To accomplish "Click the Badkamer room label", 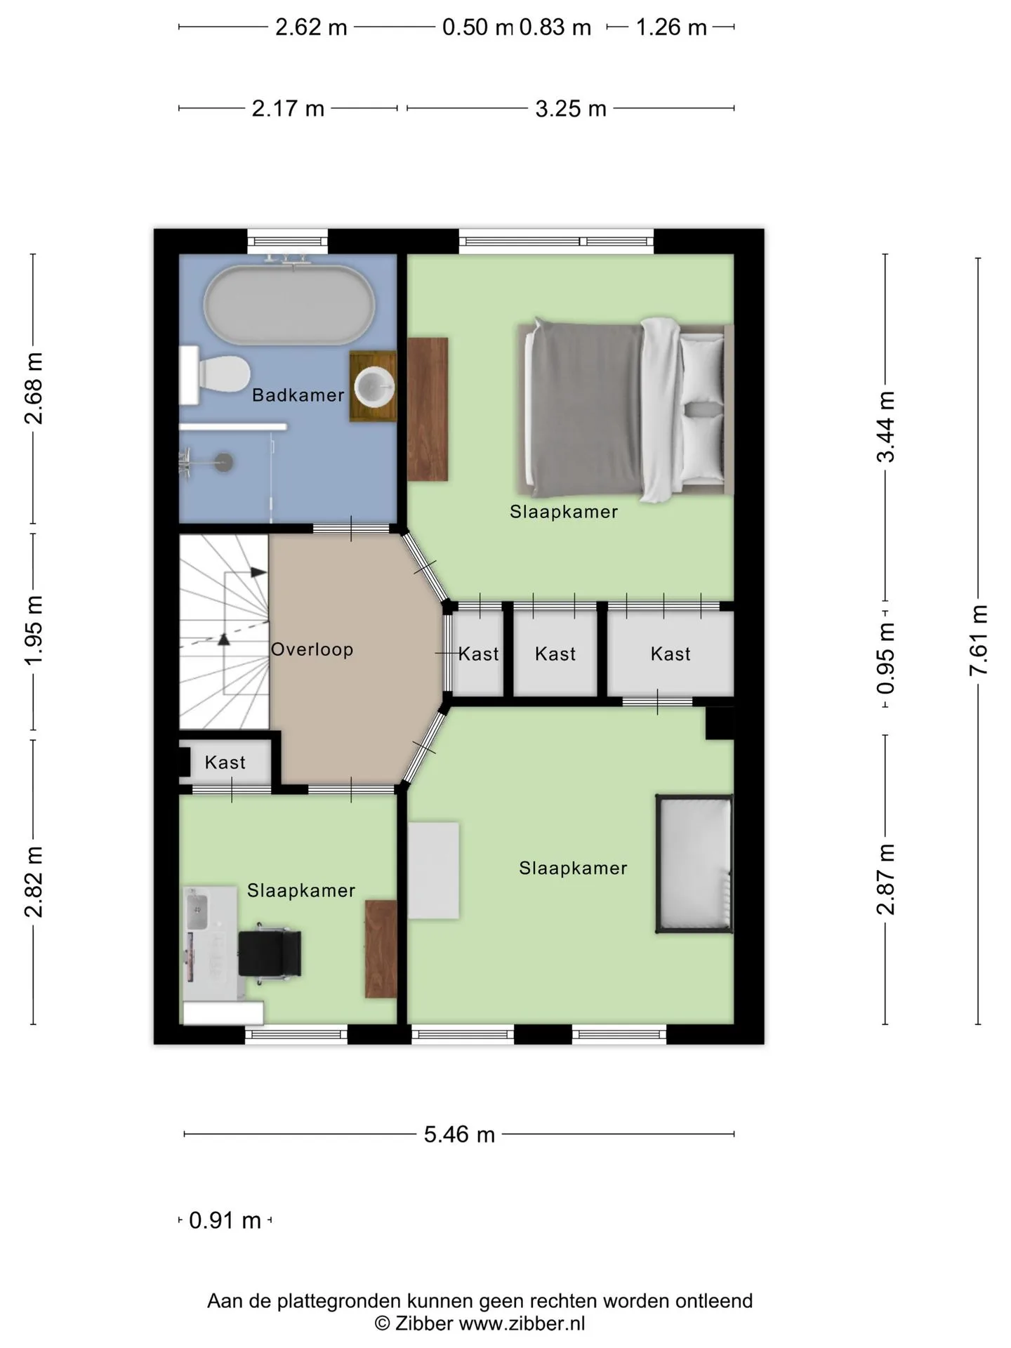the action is [298, 395].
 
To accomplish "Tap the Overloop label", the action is [312, 649].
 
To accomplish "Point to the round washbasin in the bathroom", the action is [374, 385].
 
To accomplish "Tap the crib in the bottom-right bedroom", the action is [694, 864].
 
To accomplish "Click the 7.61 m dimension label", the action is [978, 640].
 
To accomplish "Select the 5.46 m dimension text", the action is [459, 1134].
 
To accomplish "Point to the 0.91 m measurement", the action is [225, 1220].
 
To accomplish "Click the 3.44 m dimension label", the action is [885, 427].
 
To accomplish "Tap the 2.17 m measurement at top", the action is [288, 109].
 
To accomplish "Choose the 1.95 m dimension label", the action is [34, 630].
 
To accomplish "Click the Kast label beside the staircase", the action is [225, 762].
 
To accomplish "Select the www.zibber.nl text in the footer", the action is [522, 1323].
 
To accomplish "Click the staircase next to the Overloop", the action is [224, 632].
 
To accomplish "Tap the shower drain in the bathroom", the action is [225, 461].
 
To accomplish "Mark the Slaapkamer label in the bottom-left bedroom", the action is [301, 890].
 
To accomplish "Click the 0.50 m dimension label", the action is [477, 27].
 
